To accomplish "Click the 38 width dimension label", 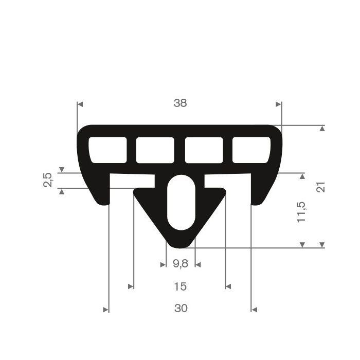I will [180, 103].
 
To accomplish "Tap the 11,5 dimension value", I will [301, 211].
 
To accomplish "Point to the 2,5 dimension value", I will [48, 180].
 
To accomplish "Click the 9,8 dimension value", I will [180, 264].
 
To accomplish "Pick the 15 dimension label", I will [180, 286].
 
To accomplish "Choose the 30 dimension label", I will [180, 309].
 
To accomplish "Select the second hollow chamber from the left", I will [155, 150].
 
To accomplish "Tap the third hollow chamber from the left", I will [204, 150].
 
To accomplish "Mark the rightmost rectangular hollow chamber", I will [251, 150].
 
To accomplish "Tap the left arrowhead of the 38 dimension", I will [80, 104].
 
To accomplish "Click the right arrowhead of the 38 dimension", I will [279, 104].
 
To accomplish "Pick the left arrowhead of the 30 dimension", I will [106, 310].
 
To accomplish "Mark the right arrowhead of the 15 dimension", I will [229, 286].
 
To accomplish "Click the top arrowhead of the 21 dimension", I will [322, 129].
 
